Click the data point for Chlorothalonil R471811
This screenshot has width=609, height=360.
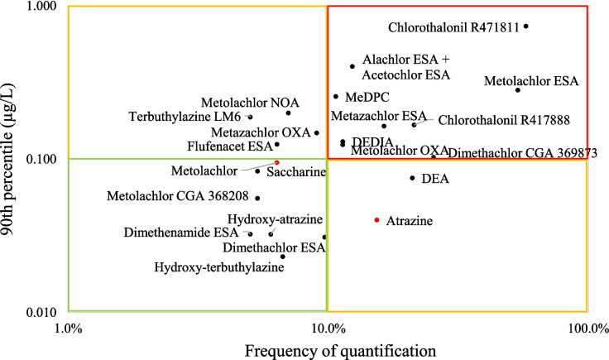525,26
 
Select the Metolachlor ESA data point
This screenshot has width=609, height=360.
518,89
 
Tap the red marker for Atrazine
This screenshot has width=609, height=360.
376,220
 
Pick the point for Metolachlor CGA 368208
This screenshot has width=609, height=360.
257,198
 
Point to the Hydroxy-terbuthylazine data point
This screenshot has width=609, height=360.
282,257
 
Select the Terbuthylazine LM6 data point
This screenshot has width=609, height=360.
251,117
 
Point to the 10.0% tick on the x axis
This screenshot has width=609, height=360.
328,329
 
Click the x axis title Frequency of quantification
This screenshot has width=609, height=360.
327,350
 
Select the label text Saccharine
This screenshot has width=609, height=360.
295,172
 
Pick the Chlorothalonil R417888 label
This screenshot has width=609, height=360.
504,121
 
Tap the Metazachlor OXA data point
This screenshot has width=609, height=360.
316,132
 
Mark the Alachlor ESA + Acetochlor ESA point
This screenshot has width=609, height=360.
352,66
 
